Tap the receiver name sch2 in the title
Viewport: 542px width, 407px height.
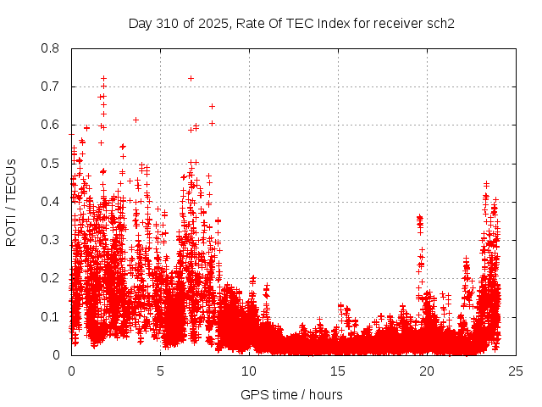[440, 24]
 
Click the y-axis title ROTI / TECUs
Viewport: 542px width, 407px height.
[11, 202]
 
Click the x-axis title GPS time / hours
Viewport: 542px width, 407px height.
[291, 394]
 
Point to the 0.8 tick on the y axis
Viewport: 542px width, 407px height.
[51, 48]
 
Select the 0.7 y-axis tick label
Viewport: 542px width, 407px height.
[51, 86]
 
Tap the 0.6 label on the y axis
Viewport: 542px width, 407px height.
[51, 125]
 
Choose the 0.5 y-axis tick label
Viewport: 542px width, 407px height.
[51, 164]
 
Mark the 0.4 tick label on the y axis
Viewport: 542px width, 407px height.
[51, 202]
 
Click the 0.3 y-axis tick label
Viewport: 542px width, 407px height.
[51, 240]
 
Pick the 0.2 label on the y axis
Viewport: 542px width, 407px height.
[51, 279]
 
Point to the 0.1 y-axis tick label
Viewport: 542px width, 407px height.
[51, 317]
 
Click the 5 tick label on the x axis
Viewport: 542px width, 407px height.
[160, 371]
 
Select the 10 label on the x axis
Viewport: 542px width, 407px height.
[249, 371]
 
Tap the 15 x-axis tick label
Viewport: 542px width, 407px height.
[338, 371]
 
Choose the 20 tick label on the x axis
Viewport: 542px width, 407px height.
[427, 371]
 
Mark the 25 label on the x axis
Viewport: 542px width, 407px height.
[516, 371]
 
